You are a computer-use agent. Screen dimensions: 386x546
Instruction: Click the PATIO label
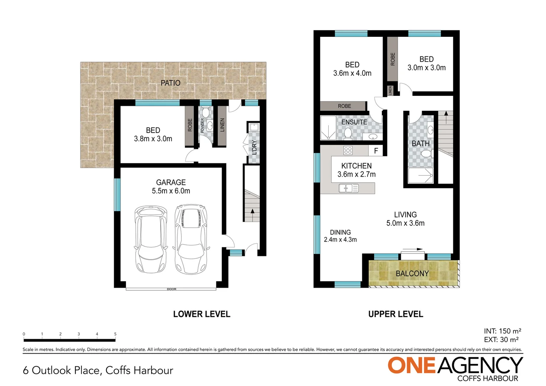[170, 83]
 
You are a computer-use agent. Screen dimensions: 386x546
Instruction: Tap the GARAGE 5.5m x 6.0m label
[171, 187]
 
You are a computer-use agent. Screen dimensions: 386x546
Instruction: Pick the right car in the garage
[191, 239]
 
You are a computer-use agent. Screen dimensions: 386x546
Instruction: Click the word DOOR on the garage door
[172, 289]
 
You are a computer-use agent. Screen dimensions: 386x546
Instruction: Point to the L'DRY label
[254, 147]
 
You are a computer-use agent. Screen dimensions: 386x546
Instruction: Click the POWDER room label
[202, 125]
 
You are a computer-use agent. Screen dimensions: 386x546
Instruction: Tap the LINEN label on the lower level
[222, 125]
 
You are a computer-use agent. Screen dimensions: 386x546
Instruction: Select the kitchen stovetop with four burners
[348, 150]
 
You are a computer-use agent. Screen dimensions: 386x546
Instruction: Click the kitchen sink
[349, 188]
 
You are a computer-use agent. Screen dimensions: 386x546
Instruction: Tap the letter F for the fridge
[376, 151]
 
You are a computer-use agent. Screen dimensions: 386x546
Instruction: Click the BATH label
[420, 144]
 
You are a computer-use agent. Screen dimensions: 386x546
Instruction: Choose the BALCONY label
[412, 274]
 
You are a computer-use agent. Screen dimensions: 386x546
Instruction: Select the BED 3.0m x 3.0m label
[427, 64]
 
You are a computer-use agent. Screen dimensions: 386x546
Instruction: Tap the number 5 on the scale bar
[115, 334]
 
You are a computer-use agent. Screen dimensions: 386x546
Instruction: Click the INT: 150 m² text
[502, 331]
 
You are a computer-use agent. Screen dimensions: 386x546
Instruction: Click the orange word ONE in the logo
[412, 366]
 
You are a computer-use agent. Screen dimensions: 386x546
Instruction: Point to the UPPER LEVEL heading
[395, 314]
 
